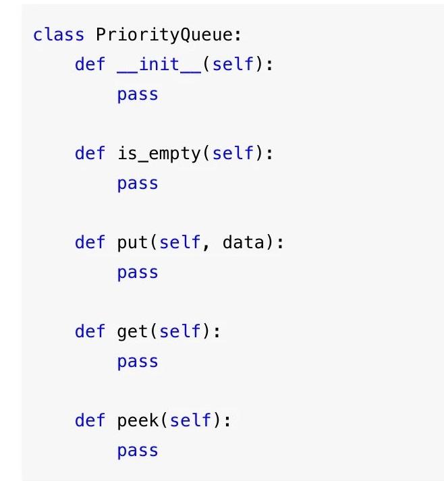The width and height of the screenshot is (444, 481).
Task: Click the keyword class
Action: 59,34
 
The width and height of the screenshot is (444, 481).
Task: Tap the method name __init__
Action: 159,65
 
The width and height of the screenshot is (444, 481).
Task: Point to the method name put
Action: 133,242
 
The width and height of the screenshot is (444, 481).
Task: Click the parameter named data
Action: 244,242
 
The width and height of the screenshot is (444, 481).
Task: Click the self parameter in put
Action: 180,242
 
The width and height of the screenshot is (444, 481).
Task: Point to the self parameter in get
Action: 180,331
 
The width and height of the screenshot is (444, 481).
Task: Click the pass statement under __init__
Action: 138,94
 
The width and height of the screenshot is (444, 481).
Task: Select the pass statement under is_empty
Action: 138,183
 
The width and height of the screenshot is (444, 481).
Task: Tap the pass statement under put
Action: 138,273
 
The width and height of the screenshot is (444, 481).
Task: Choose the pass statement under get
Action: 138,362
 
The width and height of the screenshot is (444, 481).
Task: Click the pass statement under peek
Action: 138,451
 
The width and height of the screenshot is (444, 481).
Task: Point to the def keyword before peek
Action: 90,421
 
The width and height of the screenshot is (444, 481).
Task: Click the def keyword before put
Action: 90,242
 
